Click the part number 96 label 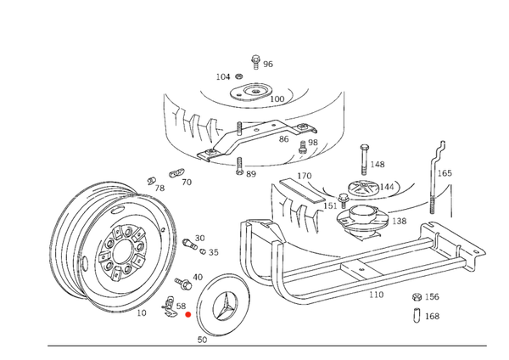(268, 64)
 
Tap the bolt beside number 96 (256, 62)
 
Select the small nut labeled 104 (238, 76)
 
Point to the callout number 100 (277, 98)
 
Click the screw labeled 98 (303, 147)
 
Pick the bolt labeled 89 (239, 166)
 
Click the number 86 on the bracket (283, 139)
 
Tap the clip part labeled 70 (176, 173)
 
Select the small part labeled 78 (151, 181)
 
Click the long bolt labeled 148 (364, 160)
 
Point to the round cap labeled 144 (362, 188)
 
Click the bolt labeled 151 (343, 200)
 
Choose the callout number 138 (399, 221)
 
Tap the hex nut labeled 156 (417, 296)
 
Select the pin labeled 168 (417, 316)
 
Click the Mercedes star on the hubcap (224, 306)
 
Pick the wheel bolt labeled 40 (182, 284)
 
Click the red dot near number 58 (188, 314)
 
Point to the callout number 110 (376, 295)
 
